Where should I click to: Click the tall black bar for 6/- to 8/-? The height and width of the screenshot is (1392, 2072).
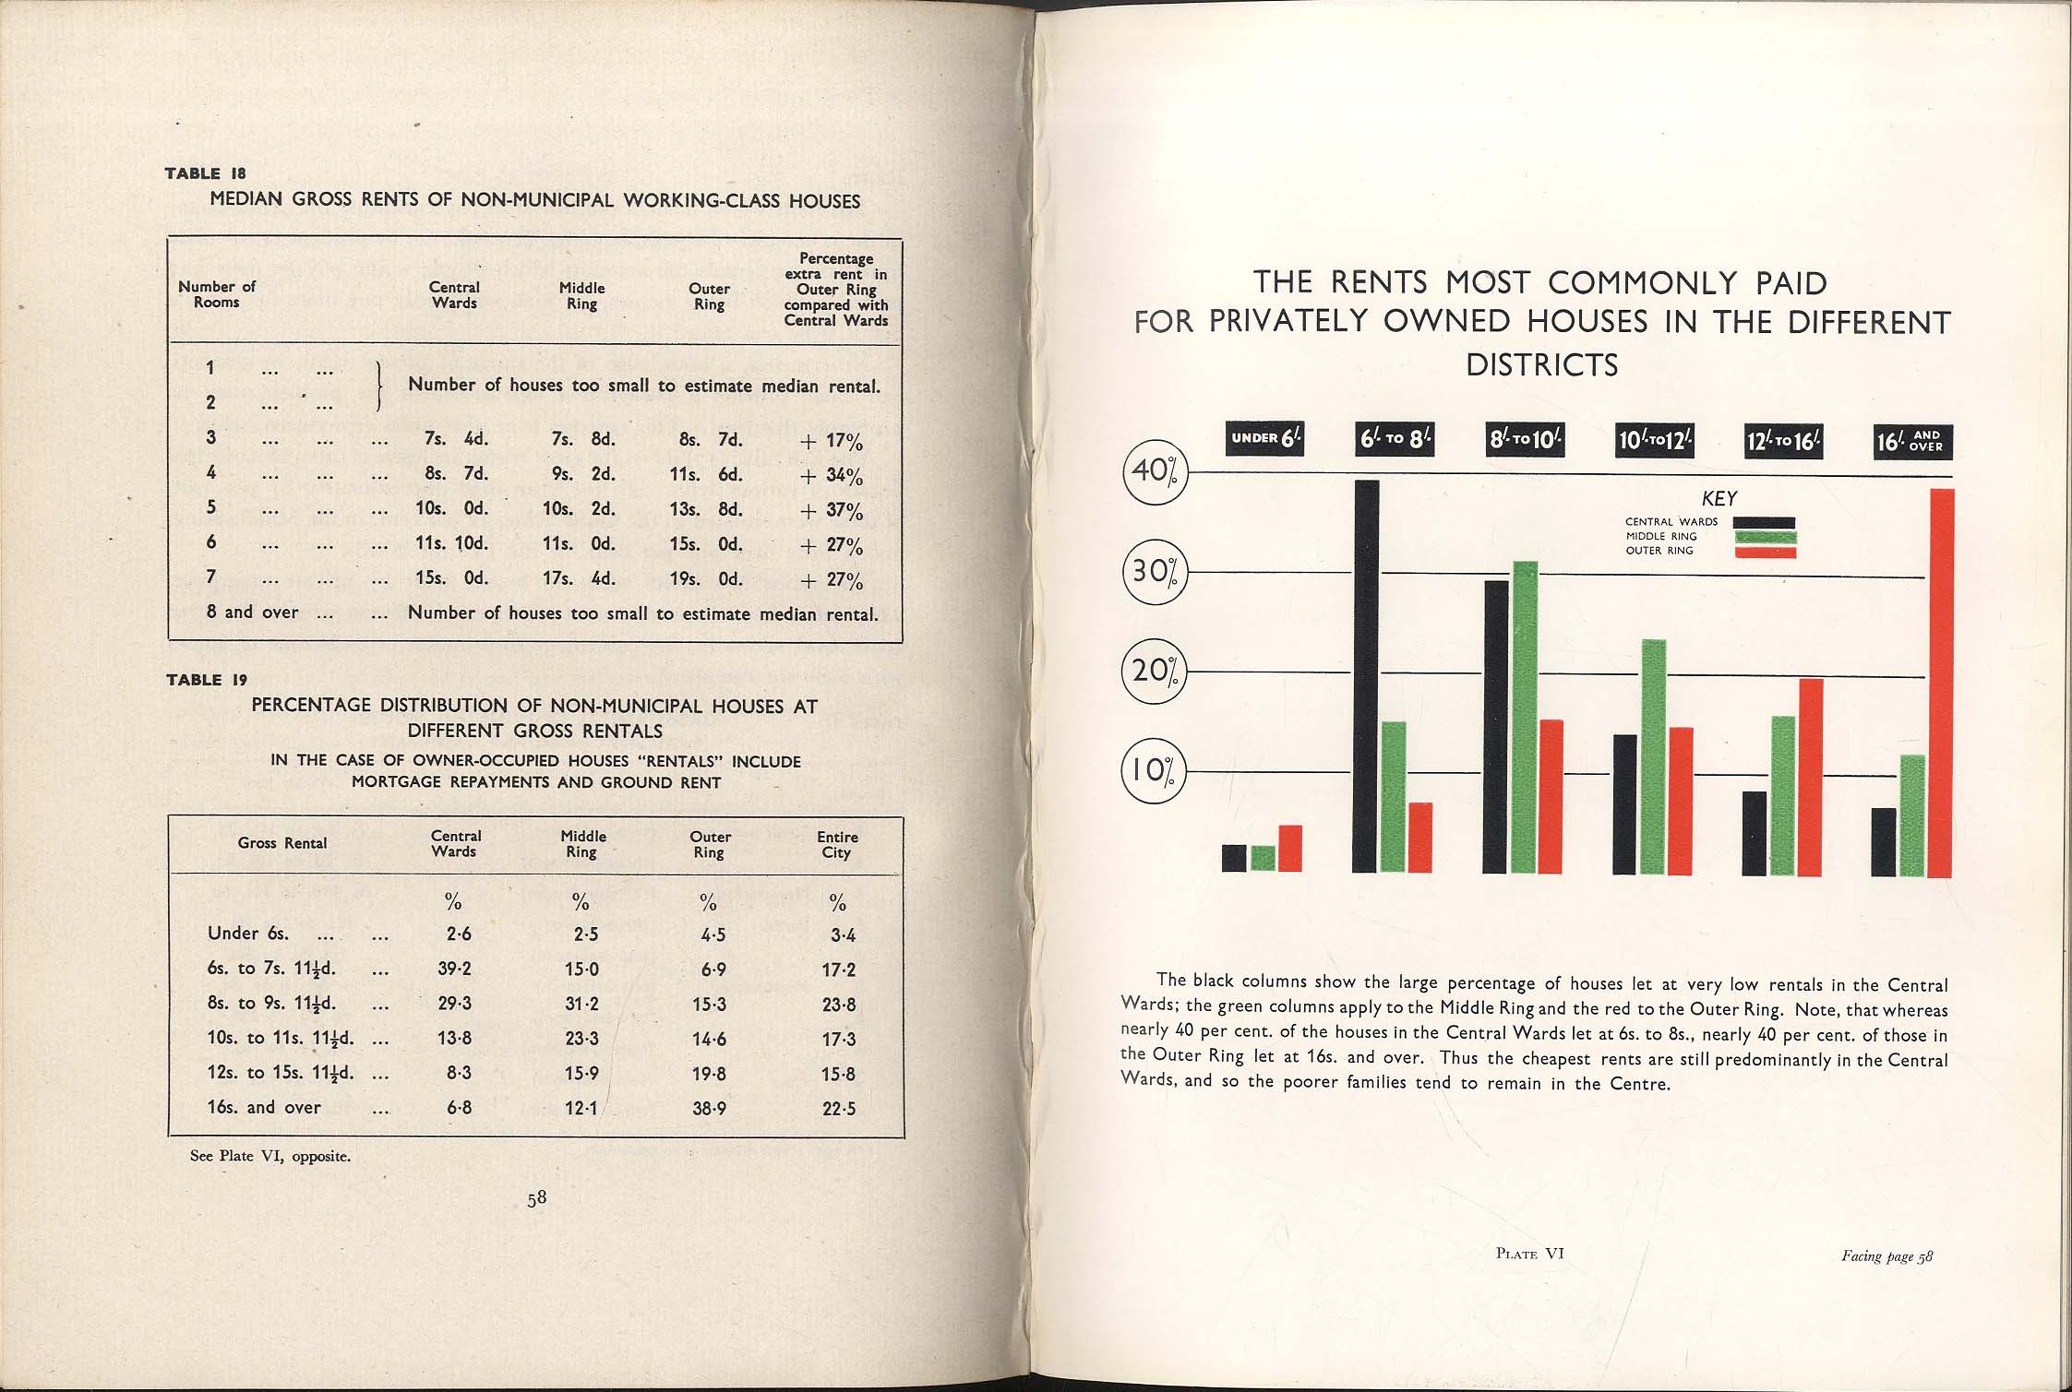(1365, 676)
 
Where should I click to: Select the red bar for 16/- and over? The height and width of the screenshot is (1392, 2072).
(1941, 683)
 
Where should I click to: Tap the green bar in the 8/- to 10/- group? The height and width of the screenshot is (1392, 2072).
(1525, 717)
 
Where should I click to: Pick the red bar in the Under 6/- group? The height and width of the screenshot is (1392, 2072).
(1289, 848)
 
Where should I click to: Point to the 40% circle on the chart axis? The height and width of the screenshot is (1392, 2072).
(1153, 471)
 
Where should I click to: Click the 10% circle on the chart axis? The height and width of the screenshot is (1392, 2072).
(1153, 770)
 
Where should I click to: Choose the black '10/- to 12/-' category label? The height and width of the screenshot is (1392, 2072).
(1654, 441)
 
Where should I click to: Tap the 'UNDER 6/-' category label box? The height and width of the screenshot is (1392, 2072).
(1264, 439)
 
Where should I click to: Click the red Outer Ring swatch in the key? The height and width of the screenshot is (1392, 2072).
(1764, 552)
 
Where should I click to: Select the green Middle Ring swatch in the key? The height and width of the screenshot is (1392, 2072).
(1764, 537)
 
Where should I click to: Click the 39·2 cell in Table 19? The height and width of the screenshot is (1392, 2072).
(454, 969)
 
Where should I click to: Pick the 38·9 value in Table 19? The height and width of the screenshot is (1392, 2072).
(709, 1108)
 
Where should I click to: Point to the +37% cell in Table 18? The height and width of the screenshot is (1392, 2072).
(832, 511)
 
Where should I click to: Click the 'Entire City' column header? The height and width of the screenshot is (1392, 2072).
(837, 844)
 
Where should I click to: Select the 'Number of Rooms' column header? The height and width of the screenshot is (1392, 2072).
(217, 294)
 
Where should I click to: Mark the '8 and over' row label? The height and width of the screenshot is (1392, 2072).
(252, 613)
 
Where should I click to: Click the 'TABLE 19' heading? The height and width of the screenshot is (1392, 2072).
(207, 680)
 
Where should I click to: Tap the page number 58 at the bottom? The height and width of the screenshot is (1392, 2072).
(536, 1198)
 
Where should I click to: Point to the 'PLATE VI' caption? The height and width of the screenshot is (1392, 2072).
(1529, 1253)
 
